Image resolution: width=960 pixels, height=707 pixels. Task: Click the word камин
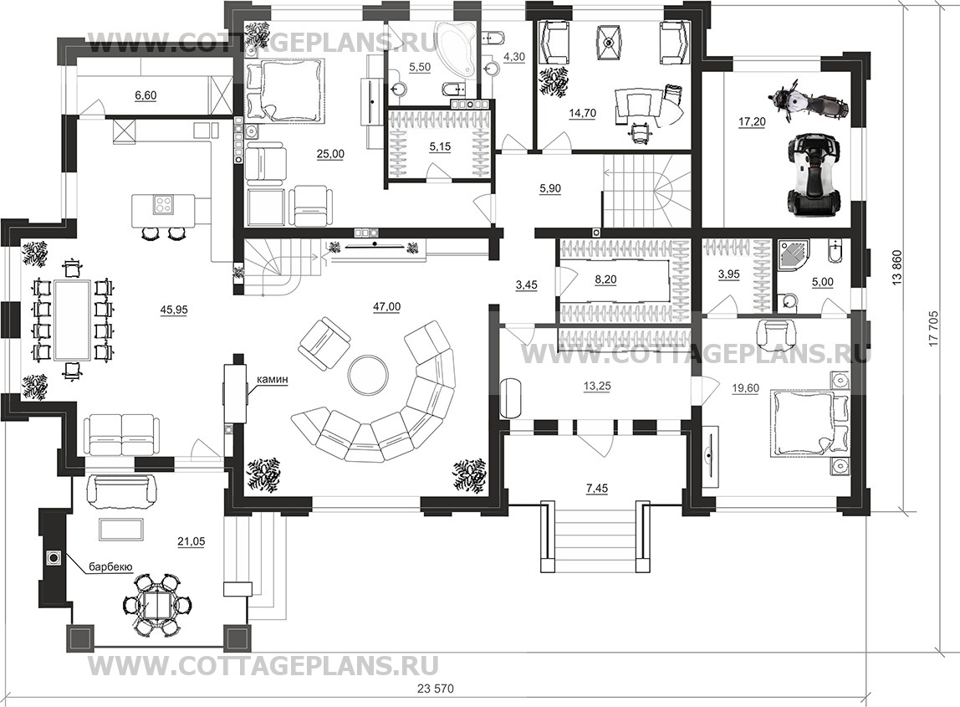point(272,380)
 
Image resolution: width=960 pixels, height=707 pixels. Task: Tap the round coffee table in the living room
point(367,375)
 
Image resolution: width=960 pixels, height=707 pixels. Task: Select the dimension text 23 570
point(436,688)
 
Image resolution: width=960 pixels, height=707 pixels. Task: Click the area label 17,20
point(752,122)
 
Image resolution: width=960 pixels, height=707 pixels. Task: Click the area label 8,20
point(606,279)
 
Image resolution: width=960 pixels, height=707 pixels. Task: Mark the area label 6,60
point(146,95)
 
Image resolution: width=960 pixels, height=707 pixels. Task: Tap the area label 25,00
point(330,154)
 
